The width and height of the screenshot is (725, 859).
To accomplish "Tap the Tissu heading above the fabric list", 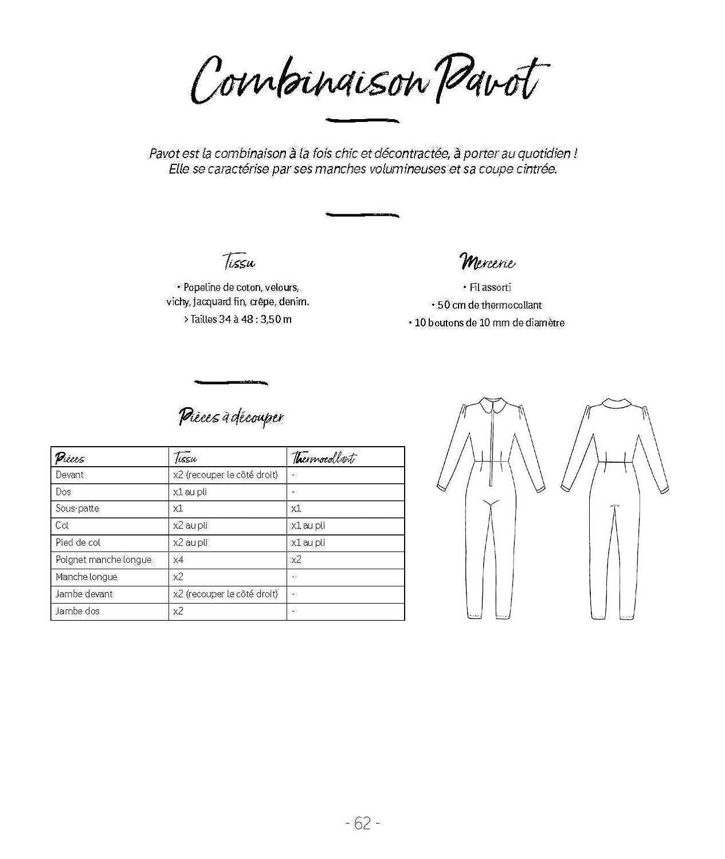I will [x=240, y=263].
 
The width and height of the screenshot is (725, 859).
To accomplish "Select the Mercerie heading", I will [x=487, y=262].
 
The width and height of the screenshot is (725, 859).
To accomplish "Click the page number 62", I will [x=363, y=823].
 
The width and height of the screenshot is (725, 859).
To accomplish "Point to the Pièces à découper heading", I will [x=230, y=417].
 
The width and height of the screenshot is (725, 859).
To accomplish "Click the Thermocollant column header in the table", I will [x=323, y=458].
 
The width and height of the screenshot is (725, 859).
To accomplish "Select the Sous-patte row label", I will [x=77, y=509].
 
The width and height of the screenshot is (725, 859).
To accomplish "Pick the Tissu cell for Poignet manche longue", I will [x=178, y=560].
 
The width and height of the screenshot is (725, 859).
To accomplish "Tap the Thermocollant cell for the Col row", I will [x=308, y=526].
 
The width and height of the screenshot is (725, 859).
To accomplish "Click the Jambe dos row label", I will [x=77, y=612].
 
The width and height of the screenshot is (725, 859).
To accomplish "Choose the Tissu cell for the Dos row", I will [x=190, y=492].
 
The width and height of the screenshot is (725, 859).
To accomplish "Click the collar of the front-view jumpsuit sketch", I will [x=492, y=405].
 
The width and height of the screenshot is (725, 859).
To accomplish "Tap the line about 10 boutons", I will [x=487, y=323].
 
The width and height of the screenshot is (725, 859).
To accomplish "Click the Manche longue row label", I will [x=86, y=577].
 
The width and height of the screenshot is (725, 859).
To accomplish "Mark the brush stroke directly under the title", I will [x=362, y=120].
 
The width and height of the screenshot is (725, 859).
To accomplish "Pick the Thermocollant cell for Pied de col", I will [x=308, y=543].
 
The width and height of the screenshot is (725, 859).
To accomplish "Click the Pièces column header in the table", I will [x=70, y=458].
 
